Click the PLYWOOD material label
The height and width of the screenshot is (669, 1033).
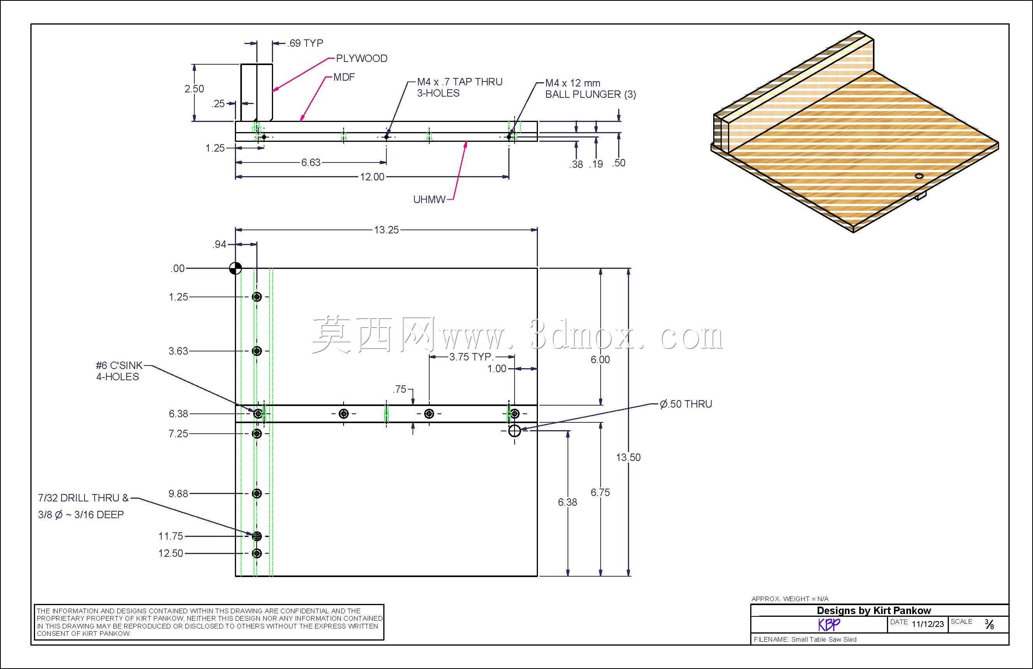click(x=361, y=58)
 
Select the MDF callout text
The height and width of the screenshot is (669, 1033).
click(x=344, y=77)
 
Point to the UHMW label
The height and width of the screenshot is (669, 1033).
click(x=429, y=200)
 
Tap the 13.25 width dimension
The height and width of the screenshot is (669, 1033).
click(x=386, y=230)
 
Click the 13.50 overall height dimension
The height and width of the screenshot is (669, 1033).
click(x=628, y=457)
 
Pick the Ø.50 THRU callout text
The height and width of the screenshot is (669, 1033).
click(x=686, y=404)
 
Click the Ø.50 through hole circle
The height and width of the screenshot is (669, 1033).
click(x=514, y=431)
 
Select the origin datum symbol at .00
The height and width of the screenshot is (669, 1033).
click(x=235, y=268)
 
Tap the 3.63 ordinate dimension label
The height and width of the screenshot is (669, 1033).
click(x=178, y=351)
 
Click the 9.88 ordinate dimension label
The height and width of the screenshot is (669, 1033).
click(x=178, y=494)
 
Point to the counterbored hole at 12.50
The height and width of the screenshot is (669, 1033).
click(x=257, y=554)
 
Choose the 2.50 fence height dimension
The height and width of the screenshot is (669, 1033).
click(x=194, y=89)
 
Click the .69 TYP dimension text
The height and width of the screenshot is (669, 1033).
click(x=305, y=43)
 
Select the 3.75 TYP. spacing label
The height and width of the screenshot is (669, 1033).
click(x=471, y=357)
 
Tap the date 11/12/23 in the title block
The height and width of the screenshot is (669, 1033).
click(x=927, y=624)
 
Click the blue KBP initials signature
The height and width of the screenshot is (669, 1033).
click(x=829, y=624)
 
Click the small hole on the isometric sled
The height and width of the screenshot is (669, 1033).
click(x=919, y=176)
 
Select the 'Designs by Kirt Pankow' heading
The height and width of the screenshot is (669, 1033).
click(x=874, y=611)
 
